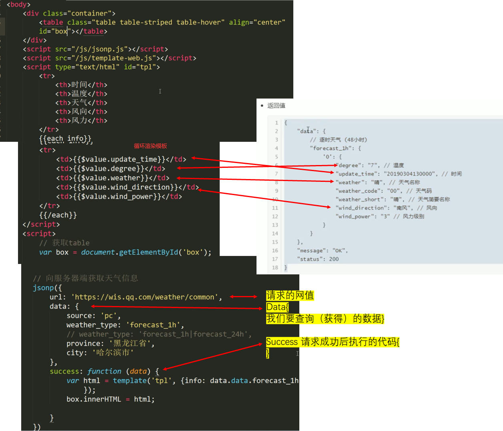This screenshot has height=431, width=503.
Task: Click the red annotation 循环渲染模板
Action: (150, 146)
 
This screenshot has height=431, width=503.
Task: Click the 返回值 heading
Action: (276, 106)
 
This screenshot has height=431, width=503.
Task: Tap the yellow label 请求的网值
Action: (290, 296)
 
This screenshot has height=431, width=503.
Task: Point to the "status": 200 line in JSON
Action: (318, 259)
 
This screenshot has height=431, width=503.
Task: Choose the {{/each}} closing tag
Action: (58, 215)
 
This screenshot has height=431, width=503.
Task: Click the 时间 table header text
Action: (79, 85)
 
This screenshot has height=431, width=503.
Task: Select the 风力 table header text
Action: (79, 121)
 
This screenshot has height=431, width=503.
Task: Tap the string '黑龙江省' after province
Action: (130, 344)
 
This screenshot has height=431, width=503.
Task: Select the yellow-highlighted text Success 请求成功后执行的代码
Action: (333, 342)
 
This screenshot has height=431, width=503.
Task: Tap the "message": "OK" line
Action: (322, 251)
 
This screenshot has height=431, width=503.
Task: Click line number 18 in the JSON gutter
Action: (275, 268)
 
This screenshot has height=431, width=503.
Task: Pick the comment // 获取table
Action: (64, 243)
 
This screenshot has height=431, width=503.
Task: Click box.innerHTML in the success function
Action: (94, 399)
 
